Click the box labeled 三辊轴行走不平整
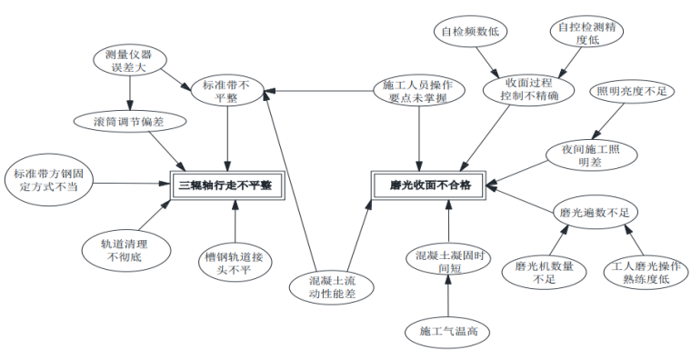pos(225,185)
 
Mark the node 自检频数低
pos(467,31)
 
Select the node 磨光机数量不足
pos(544,273)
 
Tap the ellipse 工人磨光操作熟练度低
pos(643,273)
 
